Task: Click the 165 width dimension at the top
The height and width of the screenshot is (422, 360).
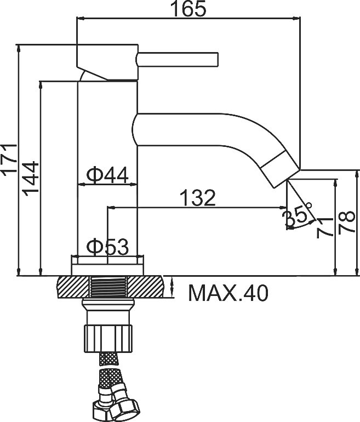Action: point(188,9)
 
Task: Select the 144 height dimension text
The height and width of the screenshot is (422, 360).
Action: point(30,179)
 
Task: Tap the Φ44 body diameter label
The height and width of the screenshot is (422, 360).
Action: point(107,175)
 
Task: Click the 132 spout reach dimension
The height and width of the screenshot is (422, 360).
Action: point(198,198)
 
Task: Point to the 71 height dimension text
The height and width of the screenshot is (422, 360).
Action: point(324,228)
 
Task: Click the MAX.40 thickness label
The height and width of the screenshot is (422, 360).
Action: point(228,293)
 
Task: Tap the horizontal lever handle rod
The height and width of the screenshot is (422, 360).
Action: point(178,59)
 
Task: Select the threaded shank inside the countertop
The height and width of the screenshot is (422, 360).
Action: point(107,287)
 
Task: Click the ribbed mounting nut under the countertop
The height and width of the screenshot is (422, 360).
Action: point(108,338)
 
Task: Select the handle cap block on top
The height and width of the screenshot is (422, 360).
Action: point(107,62)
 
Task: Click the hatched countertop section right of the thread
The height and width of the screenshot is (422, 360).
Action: point(145,287)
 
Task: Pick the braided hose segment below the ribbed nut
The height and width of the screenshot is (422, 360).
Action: point(108,359)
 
